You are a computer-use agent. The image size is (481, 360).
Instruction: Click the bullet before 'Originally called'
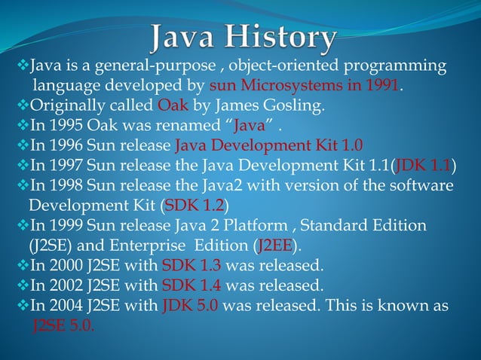pos(21,105)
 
